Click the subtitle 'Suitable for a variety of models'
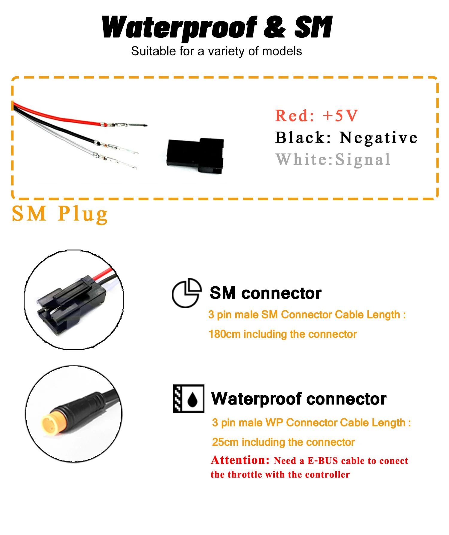click(216, 51)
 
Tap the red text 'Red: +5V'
click(316, 115)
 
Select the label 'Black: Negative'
click(346, 138)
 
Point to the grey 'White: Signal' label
click(333, 159)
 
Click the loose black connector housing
click(195, 156)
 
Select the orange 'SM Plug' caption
click(60, 214)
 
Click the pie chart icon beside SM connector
click(186, 293)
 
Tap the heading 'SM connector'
click(266, 293)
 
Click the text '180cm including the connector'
click(283, 334)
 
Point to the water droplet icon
click(192, 399)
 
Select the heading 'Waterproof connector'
click(299, 399)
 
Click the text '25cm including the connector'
click(283, 442)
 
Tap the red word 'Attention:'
click(240, 460)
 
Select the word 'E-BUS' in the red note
click(323, 461)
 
